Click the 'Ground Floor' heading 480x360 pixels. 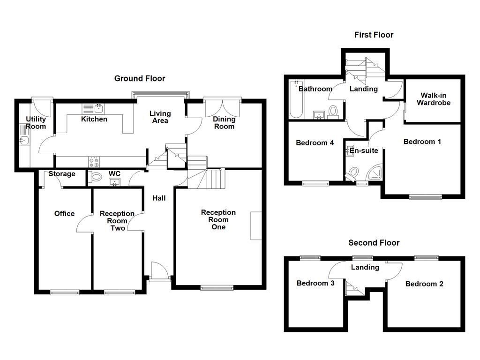click(140, 79)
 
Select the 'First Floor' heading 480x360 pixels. click(374, 35)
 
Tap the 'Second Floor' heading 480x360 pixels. click(374, 243)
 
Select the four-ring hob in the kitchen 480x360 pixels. click(94, 162)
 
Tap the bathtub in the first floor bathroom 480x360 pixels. click(295, 100)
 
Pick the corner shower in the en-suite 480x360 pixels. click(376, 173)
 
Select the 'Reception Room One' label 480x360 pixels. click(218, 219)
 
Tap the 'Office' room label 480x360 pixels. click(64, 214)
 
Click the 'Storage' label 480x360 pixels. click(62, 174)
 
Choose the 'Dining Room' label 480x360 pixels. click(224, 123)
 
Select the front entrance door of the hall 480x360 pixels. click(159, 272)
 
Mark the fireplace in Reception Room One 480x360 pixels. click(256, 226)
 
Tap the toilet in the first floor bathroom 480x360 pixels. click(333, 112)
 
